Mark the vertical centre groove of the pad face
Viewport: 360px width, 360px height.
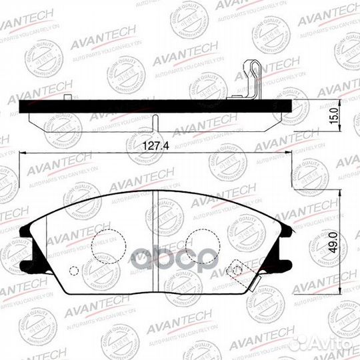pyautogui.click(x=155, y=233)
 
